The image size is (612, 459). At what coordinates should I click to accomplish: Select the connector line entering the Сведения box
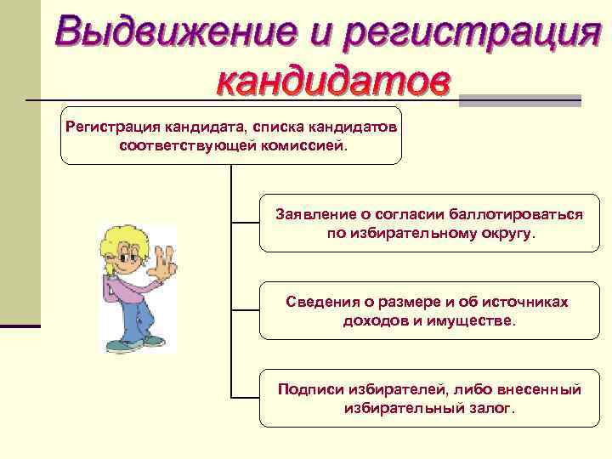(245, 309)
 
